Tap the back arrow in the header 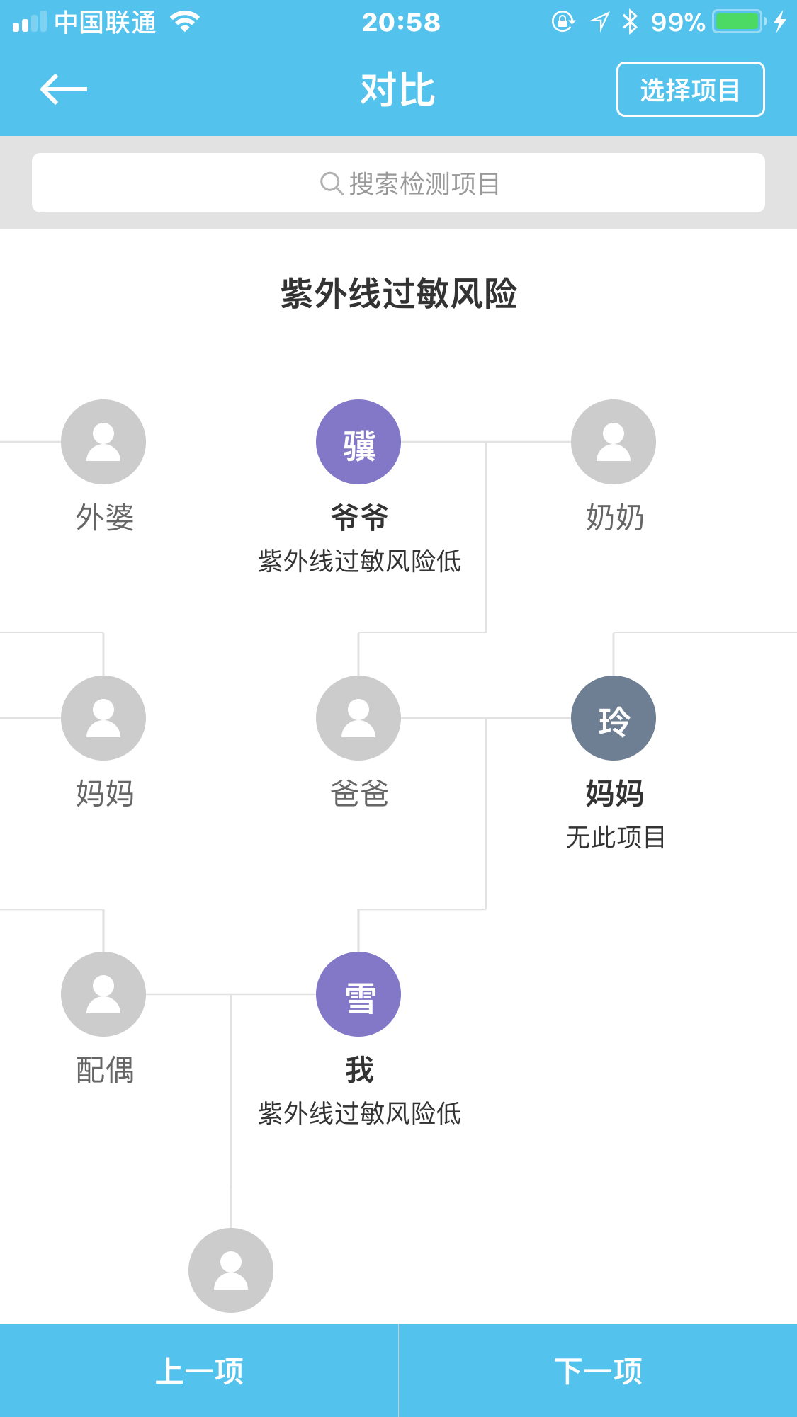[64, 89]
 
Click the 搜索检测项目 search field [398, 183]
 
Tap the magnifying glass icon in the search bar [331, 183]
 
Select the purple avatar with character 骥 [358, 442]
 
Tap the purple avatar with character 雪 [358, 994]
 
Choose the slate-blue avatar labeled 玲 [614, 718]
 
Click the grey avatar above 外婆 [103, 442]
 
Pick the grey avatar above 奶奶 [614, 442]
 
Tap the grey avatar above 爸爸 [358, 718]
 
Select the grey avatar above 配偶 [103, 994]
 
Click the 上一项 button [199, 1371]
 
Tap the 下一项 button [598, 1371]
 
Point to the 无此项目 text [615, 837]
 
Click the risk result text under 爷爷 [359, 561]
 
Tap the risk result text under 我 [359, 1113]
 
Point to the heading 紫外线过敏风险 [398, 293]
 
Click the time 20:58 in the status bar [401, 23]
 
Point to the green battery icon [738, 22]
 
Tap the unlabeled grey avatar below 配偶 [231, 1270]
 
